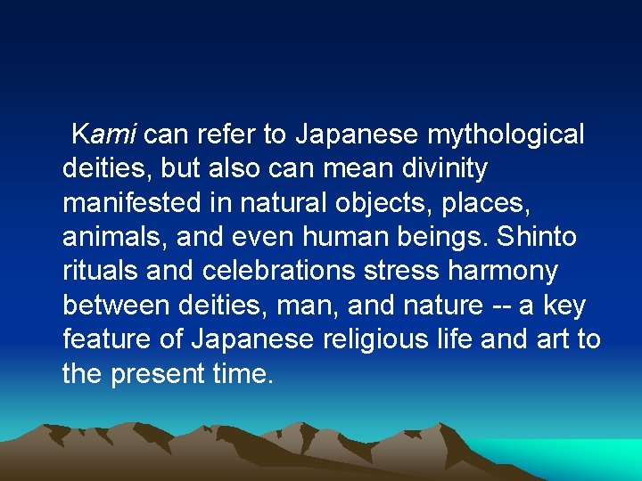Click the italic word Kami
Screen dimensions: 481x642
point(103,135)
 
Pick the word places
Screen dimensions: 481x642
point(486,203)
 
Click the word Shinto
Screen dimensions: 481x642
point(536,237)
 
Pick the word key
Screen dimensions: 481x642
point(565,306)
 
